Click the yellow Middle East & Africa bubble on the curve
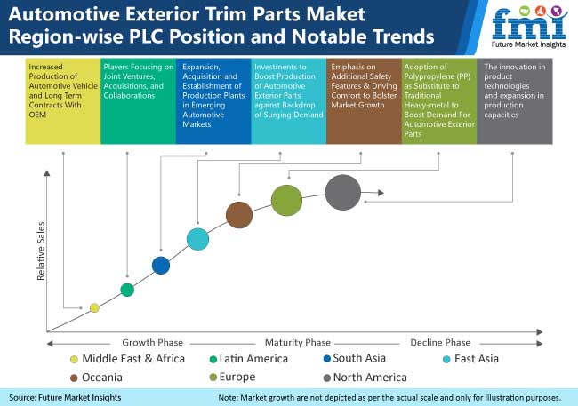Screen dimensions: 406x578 94,308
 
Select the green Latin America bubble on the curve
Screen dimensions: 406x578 127,290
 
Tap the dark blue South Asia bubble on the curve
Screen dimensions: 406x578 161,265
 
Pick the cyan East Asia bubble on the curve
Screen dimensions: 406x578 197,238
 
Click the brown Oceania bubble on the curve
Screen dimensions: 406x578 238,214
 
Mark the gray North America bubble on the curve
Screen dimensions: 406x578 343,192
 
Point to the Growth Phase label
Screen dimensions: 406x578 147,343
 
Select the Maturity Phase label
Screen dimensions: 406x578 298,343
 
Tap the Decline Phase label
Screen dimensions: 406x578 440,343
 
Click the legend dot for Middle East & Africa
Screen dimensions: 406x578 74,359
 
